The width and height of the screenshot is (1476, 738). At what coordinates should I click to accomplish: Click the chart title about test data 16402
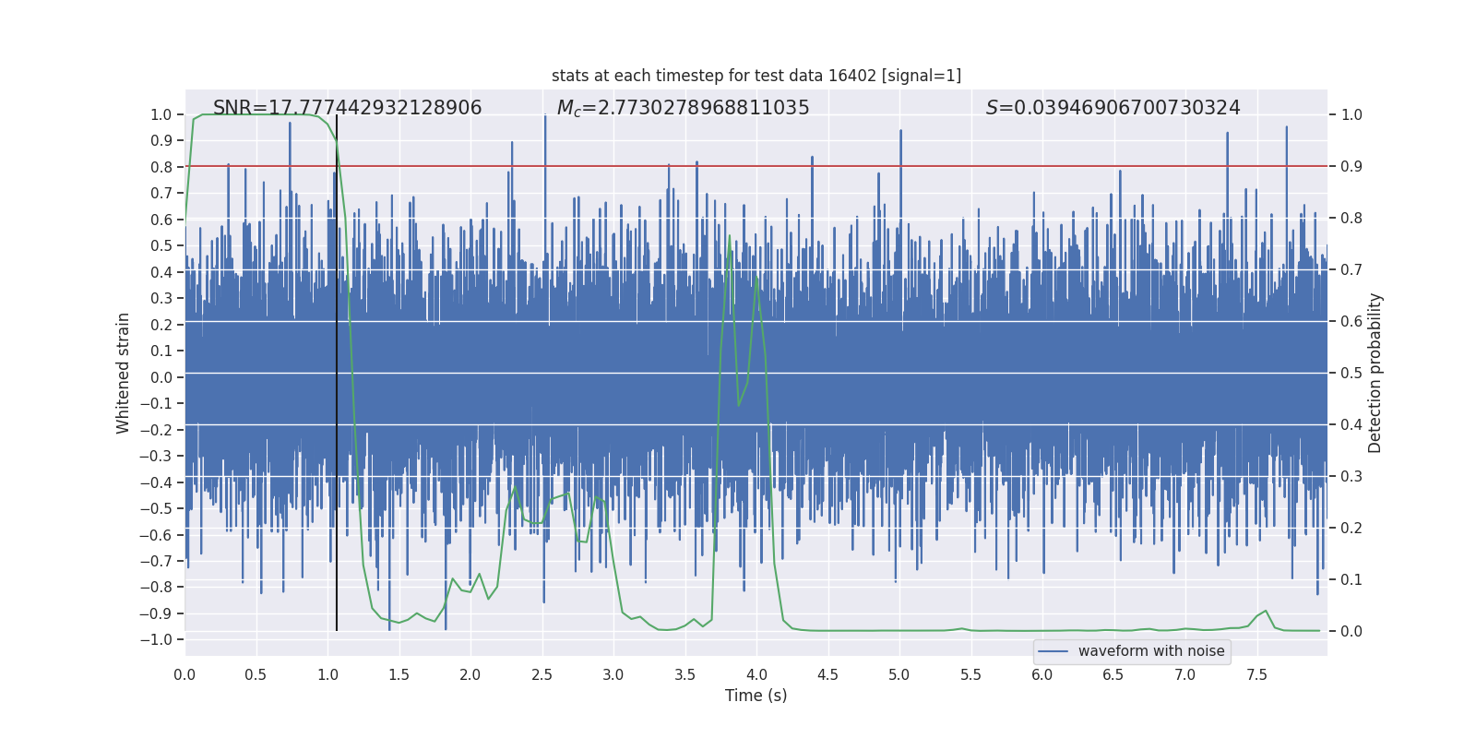coord(756,76)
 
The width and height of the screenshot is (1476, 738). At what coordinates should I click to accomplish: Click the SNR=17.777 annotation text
coord(347,108)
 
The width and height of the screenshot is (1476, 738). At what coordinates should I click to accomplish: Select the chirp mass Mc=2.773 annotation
coord(683,108)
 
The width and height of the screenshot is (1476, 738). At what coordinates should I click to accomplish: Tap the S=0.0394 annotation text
coord(1113,108)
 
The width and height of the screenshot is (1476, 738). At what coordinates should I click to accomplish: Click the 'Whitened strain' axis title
coord(123,373)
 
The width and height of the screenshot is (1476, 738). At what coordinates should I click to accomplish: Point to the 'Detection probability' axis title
coord(1375,373)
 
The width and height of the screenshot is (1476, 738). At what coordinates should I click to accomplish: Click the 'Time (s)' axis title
coord(756,696)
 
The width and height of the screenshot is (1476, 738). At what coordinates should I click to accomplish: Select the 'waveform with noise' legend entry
coord(1150,651)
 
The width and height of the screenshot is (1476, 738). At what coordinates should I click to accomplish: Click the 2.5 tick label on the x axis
coord(542,674)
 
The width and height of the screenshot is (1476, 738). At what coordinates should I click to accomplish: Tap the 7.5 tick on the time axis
coord(1256,674)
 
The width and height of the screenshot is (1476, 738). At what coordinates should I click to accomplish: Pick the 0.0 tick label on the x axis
coord(184,674)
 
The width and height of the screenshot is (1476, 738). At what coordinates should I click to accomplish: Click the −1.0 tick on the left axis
coord(161,639)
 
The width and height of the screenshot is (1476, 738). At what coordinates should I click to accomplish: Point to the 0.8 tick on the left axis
coord(161,167)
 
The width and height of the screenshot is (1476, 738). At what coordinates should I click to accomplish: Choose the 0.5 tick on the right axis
coord(1351,373)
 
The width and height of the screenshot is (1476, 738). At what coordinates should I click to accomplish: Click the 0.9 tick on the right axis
coord(1351,166)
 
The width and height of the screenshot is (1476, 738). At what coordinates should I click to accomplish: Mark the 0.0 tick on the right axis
coord(1351,631)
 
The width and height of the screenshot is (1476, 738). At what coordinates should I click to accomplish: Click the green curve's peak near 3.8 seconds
coord(729,236)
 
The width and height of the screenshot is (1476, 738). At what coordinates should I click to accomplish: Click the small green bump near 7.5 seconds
coord(1265,612)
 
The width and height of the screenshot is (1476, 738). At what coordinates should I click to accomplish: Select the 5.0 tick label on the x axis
coord(899,674)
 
